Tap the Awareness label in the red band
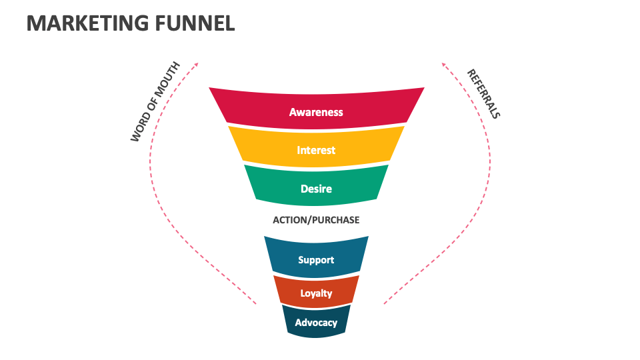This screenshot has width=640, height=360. tap(316, 112)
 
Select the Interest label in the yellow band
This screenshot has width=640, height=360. tap(316, 150)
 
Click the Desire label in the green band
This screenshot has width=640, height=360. tap(316, 189)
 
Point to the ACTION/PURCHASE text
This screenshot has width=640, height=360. tap(316, 220)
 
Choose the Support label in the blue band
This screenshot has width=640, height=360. tap(316, 259)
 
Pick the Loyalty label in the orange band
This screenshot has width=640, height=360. tap(316, 293)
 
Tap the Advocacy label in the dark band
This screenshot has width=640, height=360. tap(316, 323)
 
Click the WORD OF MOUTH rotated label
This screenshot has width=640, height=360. tap(155, 101)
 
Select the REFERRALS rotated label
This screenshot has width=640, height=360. tap(483, 93)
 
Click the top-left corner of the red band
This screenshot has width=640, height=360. tap(209, 88)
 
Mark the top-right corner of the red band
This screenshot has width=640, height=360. tap(424, 88)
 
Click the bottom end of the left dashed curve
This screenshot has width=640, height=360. tap(256, 305)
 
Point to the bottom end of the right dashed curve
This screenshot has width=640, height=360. tap(383, 305)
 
